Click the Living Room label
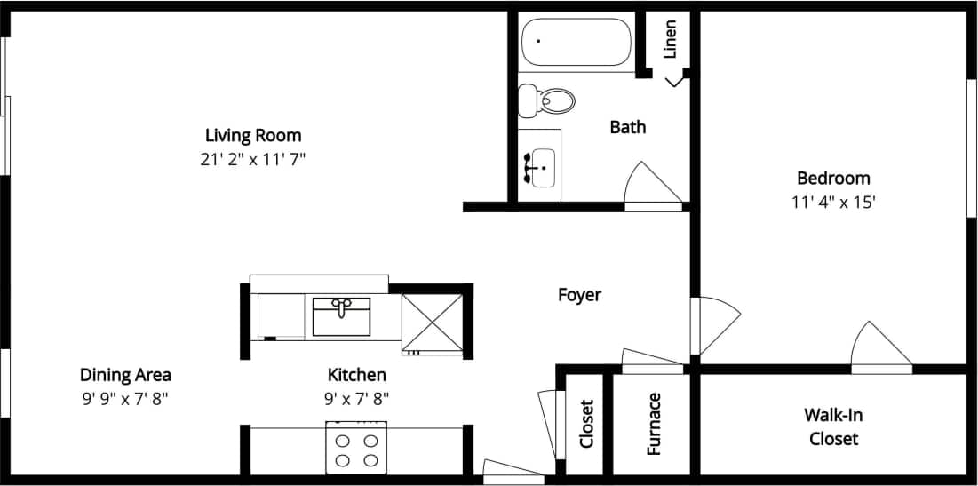253,136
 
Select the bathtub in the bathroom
576,41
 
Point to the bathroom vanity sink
539,167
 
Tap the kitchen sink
341,315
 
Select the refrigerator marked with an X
432,323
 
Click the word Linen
671,39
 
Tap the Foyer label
579,295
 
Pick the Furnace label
654,424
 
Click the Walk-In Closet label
833,426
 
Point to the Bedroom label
833,179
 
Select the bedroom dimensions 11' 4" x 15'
833,203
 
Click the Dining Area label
125,375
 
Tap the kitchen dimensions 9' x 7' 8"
357,399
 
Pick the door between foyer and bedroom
714,324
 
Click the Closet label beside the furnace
586,423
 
